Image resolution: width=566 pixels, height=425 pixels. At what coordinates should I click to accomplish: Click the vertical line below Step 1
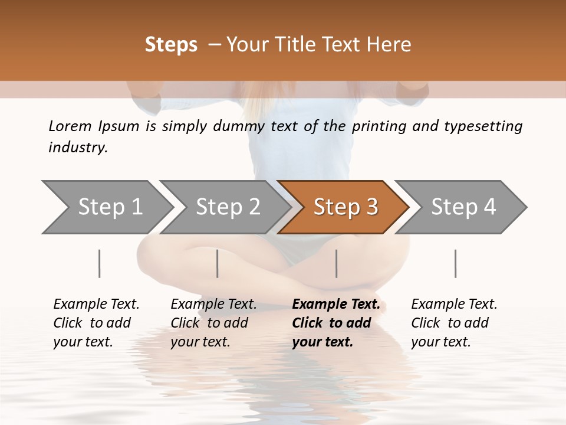coord(100,263)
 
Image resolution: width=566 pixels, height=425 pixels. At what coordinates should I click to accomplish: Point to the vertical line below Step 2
coord(218,263)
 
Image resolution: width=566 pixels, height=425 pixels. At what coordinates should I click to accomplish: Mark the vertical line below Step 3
coord(336,263)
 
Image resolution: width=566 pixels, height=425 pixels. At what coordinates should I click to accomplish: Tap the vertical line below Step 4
coord(455,263)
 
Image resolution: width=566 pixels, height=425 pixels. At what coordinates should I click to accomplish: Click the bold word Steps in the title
coord(171,45)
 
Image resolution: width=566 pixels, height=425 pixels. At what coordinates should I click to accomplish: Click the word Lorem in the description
coord(70,126)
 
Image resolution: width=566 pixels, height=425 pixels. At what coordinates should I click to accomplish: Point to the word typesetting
coord(485,126)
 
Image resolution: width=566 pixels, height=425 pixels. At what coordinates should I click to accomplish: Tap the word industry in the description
coord(78,148)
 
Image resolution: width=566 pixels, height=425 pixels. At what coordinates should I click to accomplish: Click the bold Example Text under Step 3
coord(336,304)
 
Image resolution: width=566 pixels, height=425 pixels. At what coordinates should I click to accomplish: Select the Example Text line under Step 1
coord(96,304)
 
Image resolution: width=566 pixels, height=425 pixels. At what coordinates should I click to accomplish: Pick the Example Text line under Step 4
coord(454,304)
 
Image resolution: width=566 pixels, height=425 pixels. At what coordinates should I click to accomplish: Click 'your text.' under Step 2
coord(200,342)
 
